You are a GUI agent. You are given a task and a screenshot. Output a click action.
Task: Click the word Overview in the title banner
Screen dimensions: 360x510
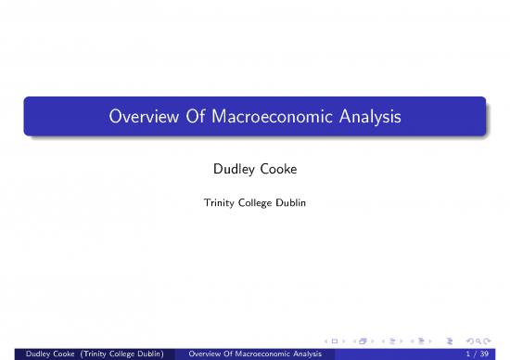point(139,119)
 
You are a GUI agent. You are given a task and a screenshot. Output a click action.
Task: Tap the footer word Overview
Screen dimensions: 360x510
point(206,353)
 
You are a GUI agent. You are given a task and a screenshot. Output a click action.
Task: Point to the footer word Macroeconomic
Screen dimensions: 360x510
point(265,353)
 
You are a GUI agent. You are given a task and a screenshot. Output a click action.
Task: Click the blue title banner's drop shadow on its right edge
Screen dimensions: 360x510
point(486,121)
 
